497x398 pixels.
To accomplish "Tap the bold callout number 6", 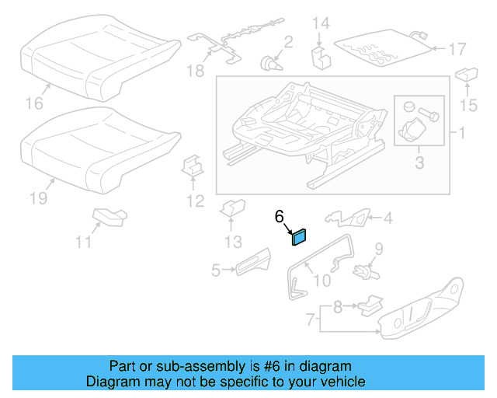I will pyautogui.click(x=280, y=218).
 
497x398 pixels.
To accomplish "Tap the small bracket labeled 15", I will pyautogui.click(x=466, y=75).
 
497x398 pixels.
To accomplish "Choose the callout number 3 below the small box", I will pyautogui.click(x=419, y=162).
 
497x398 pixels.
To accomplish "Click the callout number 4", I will pyautogui.click(x=388, y=218).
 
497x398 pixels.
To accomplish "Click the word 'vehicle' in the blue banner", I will pyautogui.click(x=340, y=382).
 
